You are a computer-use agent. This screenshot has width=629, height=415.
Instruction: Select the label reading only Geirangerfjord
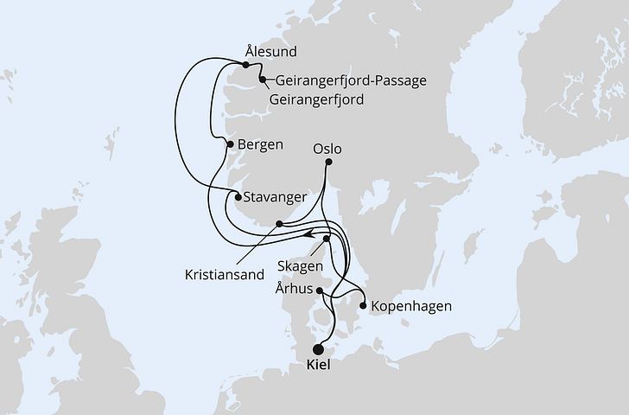click(x=316, y=99)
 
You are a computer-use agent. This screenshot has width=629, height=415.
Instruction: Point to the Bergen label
click(x=259, y=144)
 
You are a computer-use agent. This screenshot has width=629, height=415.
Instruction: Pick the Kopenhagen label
click(x=410, y=306)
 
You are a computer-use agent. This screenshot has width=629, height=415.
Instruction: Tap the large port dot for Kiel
click(x=319, y=349)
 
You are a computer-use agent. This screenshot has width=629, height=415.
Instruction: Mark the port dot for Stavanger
click(x=238, y=196)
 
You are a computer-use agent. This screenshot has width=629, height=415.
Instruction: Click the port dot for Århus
click(x=320, y=291)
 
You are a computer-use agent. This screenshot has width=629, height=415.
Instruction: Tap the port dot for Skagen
click(x=327, y=239)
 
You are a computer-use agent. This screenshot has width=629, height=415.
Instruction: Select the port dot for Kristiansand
click(x=278, y=224)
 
